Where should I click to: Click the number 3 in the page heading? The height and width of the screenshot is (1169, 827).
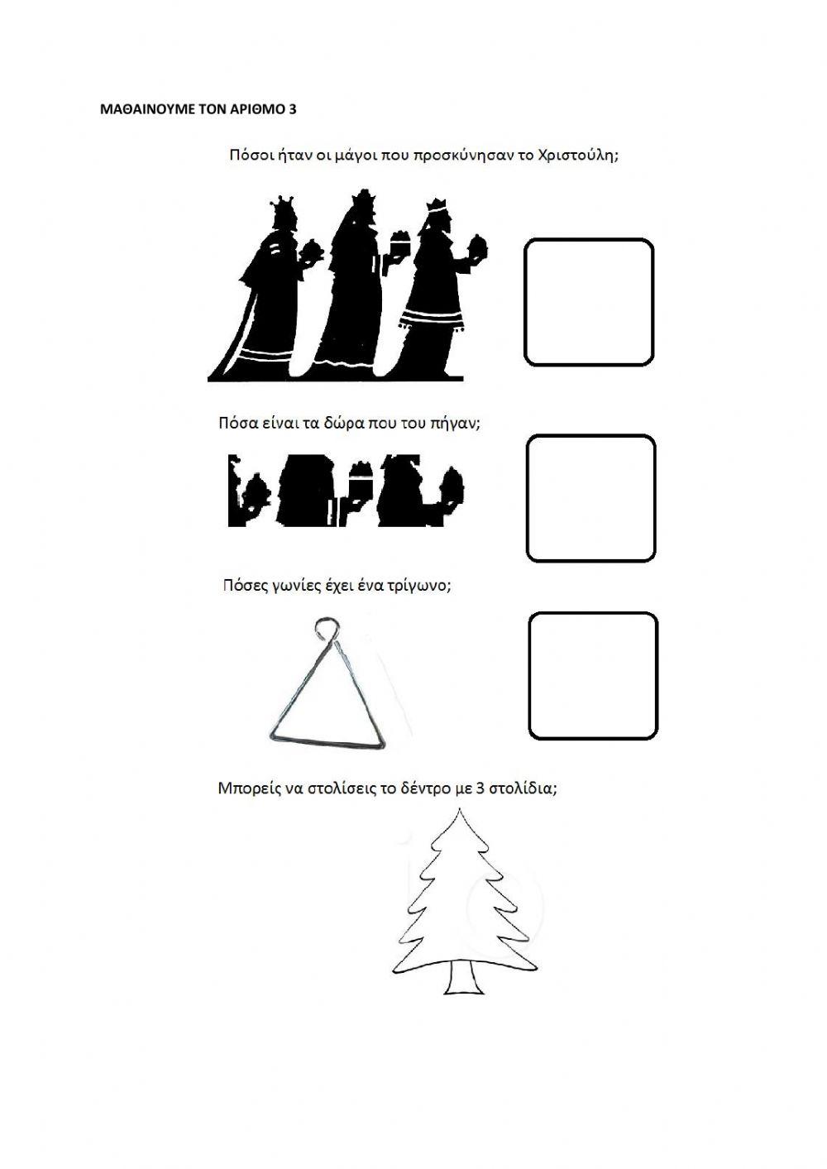pyautogui.click(x=292, y=109)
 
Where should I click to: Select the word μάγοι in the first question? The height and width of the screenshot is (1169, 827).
pyautogui.click(x=352, y=157)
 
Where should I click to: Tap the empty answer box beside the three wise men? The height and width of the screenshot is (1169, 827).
pyautogui.click(x=589, y=302)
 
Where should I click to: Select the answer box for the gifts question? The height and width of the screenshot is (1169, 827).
pyautogui.click(x=590, y=499)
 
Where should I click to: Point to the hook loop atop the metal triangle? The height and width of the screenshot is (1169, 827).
pyautogui.click(x=325, y=628)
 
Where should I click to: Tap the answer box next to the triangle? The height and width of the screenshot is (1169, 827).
pyautogui.click(x=593, y=676)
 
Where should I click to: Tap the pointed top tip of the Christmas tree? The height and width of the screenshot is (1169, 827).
pyautogui.click(x=459, y=824)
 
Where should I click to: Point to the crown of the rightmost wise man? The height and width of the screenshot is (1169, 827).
pyautogui.click(x=437, y=204)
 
